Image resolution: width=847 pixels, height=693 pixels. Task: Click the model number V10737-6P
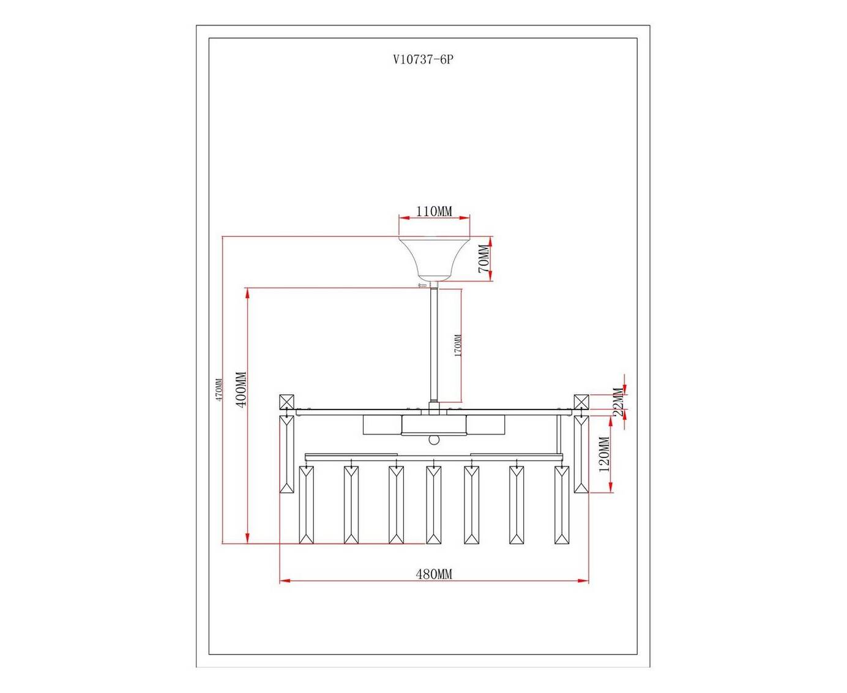[x=423, y=60]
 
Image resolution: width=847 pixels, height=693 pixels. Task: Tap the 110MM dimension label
[x=433, y=211]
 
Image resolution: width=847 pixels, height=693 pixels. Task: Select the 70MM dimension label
[x=484, y=259]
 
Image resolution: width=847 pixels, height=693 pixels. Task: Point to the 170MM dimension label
[x=458, y=345]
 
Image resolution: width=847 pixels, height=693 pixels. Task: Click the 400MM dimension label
[x=241, y=390]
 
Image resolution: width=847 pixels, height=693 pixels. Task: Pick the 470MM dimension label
[x=219, y=389]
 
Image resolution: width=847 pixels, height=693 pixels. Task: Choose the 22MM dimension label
[x=619, y=402]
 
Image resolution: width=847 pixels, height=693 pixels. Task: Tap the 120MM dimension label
[x=604, y=454]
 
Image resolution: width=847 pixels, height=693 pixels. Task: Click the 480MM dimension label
[x=433, y=574]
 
